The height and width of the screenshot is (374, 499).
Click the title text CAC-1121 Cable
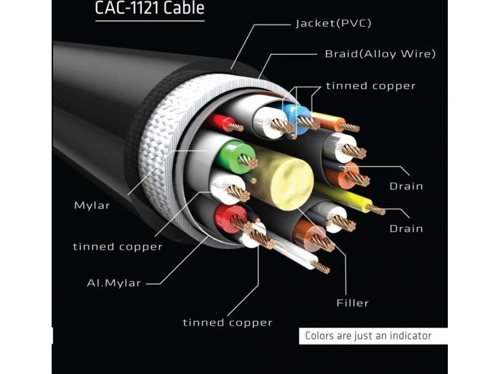click(150, 8)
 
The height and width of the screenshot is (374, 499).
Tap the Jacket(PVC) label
click(333, 23)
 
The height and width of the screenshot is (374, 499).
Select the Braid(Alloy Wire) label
click(380, 54)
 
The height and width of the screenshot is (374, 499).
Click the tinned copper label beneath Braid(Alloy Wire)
click(370, 86)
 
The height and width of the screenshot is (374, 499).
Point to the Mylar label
click(92, 206)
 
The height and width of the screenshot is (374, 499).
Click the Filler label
click(352, 303)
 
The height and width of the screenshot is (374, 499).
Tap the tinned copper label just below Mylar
click(117, 247)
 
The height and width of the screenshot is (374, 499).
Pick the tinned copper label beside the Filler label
click(227, 322)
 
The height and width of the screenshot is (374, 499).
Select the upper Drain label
click(406, 186)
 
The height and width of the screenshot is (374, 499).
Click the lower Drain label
click(406, 228)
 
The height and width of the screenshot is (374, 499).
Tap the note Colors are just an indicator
click(368, 336)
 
